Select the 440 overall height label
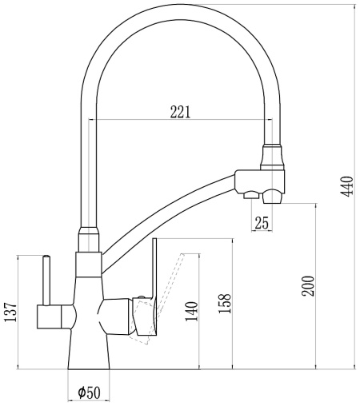click(x=346, y=189)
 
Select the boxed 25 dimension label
click(x=261, y=223)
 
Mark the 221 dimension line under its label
click(x=181, y=121)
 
